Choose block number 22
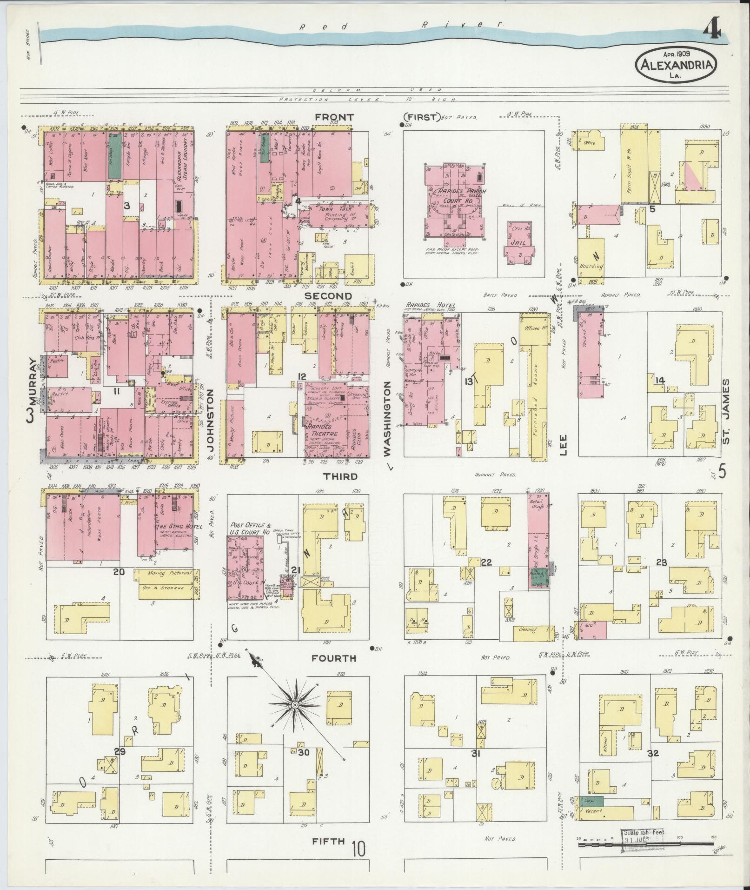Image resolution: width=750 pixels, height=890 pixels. [x=486, y=562]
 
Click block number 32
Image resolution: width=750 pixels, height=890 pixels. [x=653, y=753]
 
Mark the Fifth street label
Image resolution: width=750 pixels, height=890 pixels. [x=328, y=841]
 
